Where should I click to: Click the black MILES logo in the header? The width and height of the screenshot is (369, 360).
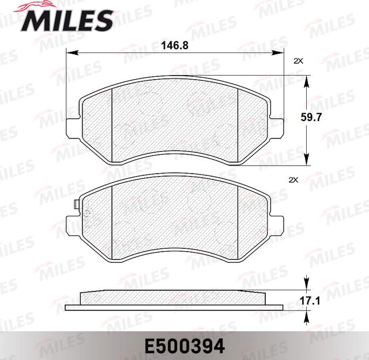[67, 20]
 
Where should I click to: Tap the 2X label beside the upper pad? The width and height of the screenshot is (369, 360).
[298, 61]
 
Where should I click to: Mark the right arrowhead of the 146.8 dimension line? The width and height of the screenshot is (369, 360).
[281, 54]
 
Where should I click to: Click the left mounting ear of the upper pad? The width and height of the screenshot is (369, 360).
[72, 126]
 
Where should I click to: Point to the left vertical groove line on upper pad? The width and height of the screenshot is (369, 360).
[111, 121]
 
